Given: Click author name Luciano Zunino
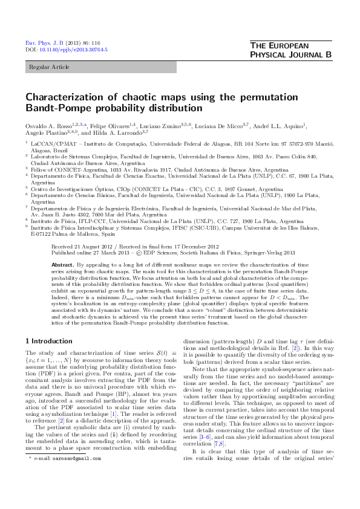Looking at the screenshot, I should point(159,126).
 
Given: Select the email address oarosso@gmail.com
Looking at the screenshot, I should point(68,493).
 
